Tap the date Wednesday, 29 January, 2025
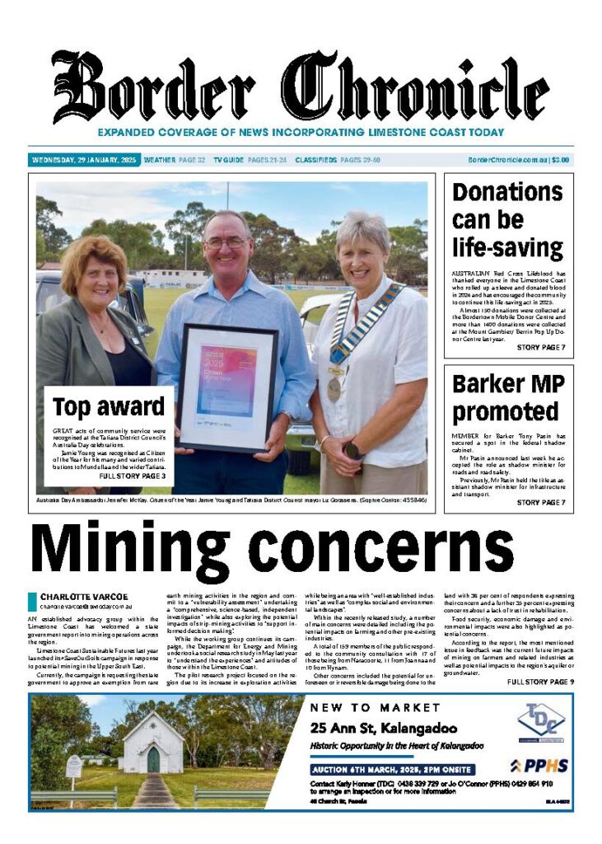pyautogui.click(x=84, y=160)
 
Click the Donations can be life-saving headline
pyautogui.click(x=507, y=220)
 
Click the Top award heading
pyautogui.click(x=109, y=407)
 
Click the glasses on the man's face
pyautogui.click(x=226, y=243)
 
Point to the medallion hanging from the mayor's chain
pyautogui.click(x=334, y=388)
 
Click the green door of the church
pyautogui.click(x=153, y=759)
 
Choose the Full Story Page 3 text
pyautogui.click(x=133, y=476)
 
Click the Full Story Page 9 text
pyautogui.click(x=540, y=682)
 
